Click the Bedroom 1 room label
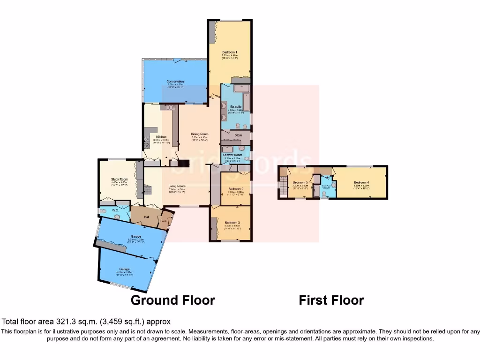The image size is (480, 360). tap(230, 52)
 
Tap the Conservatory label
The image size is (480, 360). tap(176, 82)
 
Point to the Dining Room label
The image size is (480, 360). tap(199, 134)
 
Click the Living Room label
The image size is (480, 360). tap(177, 186)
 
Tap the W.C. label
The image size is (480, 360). tap(115, 210)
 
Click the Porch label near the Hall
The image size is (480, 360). tap(164, 221)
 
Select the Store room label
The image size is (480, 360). tap(238, 135)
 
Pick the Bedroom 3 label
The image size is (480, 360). tap(232, 223)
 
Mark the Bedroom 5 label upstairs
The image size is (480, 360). tap(300, 182)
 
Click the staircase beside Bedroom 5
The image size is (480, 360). tap(283, 185)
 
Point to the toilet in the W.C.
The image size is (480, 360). tap(104, 211)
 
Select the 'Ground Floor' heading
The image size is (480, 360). tap(172, 300)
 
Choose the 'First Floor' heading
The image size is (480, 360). tap(331, 300)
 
